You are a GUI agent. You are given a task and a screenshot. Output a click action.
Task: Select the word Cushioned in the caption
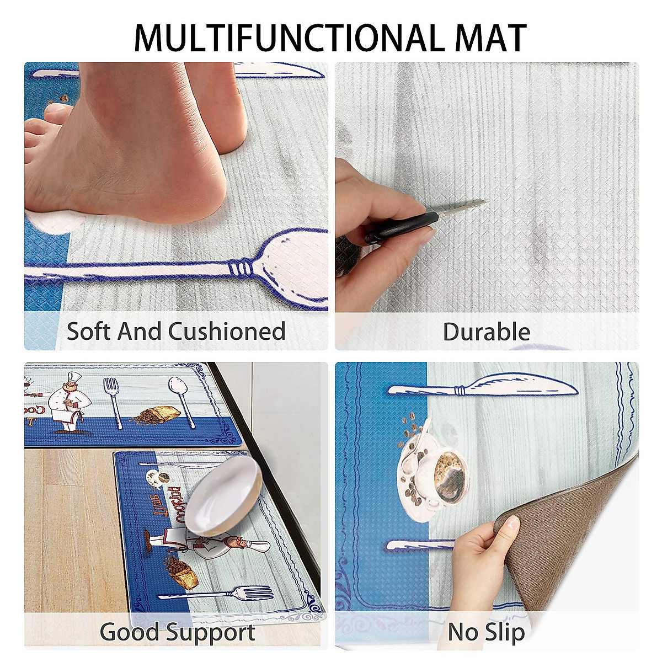(x=227, y=331)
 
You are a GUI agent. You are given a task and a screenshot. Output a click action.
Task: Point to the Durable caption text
(x=486, y=332)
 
